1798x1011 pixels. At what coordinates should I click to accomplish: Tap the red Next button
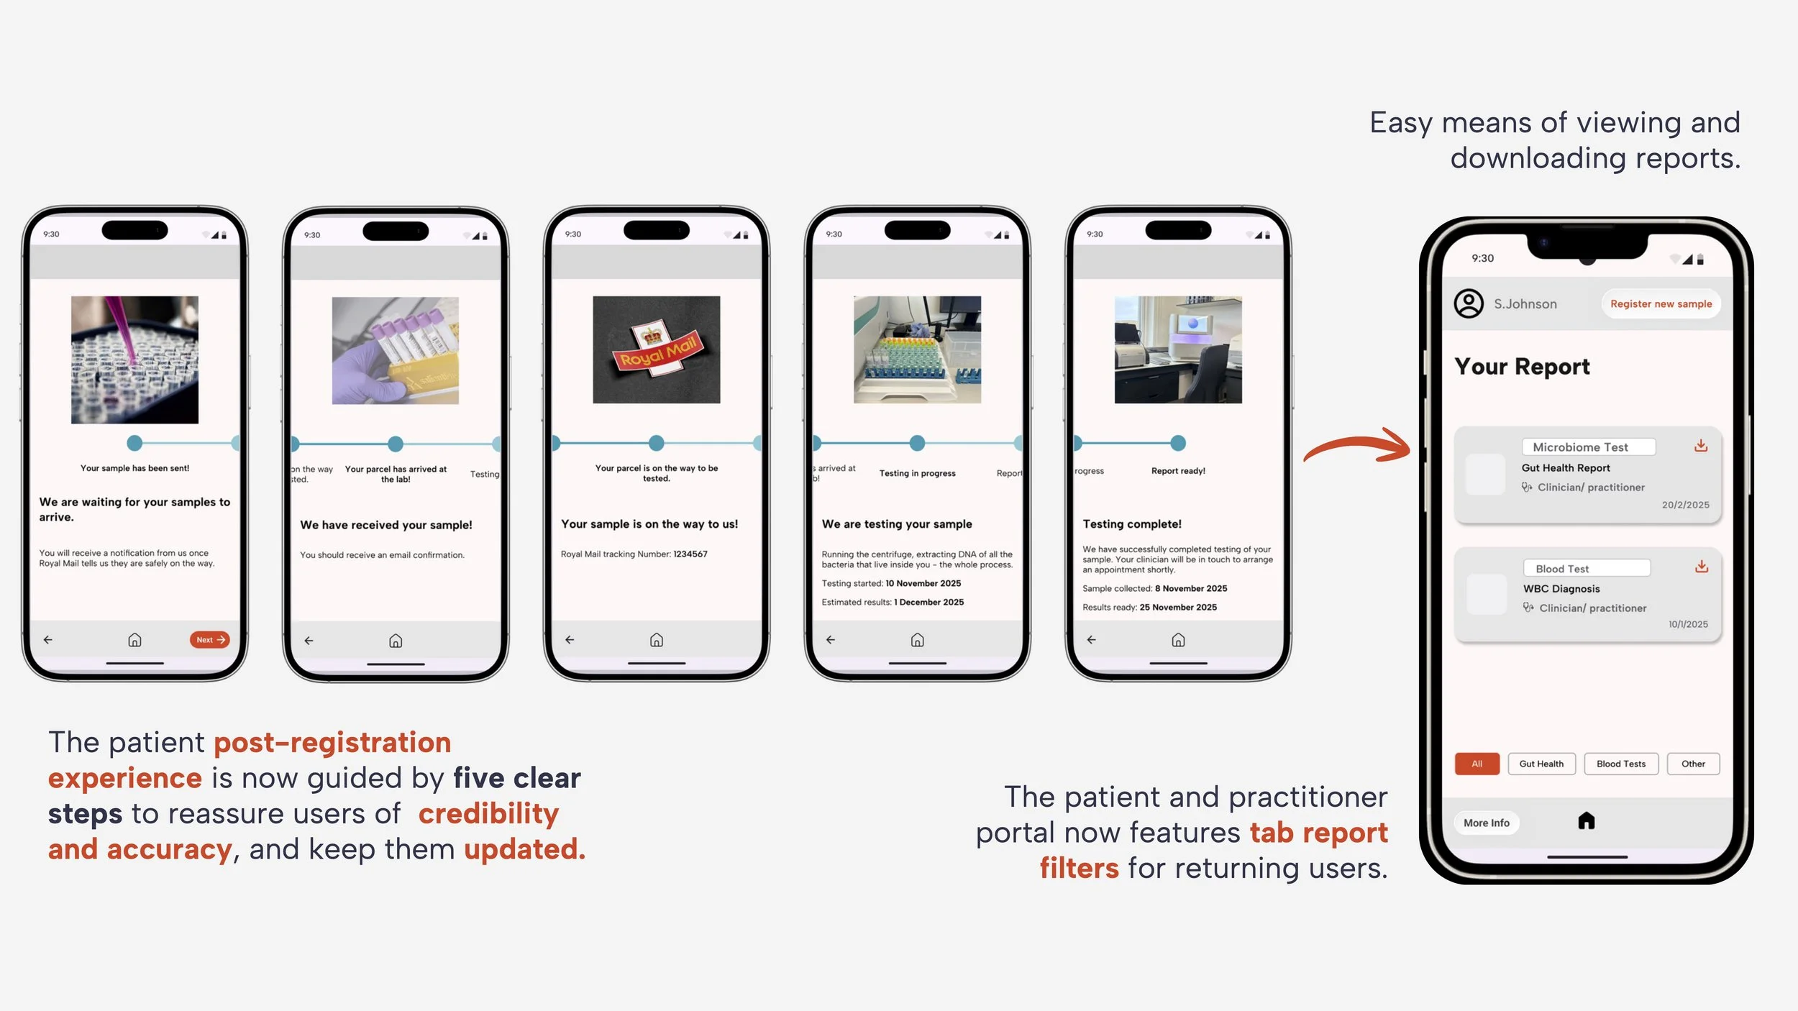click(x=209, y=639)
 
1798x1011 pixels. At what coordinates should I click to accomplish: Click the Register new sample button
click(x=1661, y=304)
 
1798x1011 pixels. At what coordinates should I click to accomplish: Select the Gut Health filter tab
click(x=1541, y=764)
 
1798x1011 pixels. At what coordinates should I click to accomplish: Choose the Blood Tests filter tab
click(x=1620, y=764)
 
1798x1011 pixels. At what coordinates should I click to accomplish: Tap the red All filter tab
click(x=1477, y=764)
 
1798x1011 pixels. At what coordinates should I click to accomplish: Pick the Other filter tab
click(x=1693, y=764)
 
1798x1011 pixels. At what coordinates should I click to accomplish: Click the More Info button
click(x=1486, y=823)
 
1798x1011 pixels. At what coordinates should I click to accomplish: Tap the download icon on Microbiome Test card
click(x=1700, y=446)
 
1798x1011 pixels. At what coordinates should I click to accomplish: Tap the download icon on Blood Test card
click(x=1701, y=567)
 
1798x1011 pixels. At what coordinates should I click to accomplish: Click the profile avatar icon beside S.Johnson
click(x=1469, y=303)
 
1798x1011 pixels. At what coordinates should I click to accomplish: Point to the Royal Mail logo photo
click(x=656, y=349)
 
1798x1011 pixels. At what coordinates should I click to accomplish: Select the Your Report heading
click(x=1522, y=367)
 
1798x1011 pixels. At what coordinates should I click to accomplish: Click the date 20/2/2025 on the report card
click(x=1685, y=505)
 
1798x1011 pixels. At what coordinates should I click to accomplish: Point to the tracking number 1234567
click(x=690, y=554)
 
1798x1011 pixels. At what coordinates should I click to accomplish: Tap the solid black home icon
click(x=1586, y=821)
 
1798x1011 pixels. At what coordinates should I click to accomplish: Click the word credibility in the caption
click(x=488, y=813)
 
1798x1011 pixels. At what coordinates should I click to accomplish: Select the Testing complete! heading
click(x=1132, y=524)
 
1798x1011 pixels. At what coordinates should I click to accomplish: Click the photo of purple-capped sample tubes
click(x=395, y=350)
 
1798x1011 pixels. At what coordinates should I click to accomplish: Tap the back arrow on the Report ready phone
click(x=1091, y=639)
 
